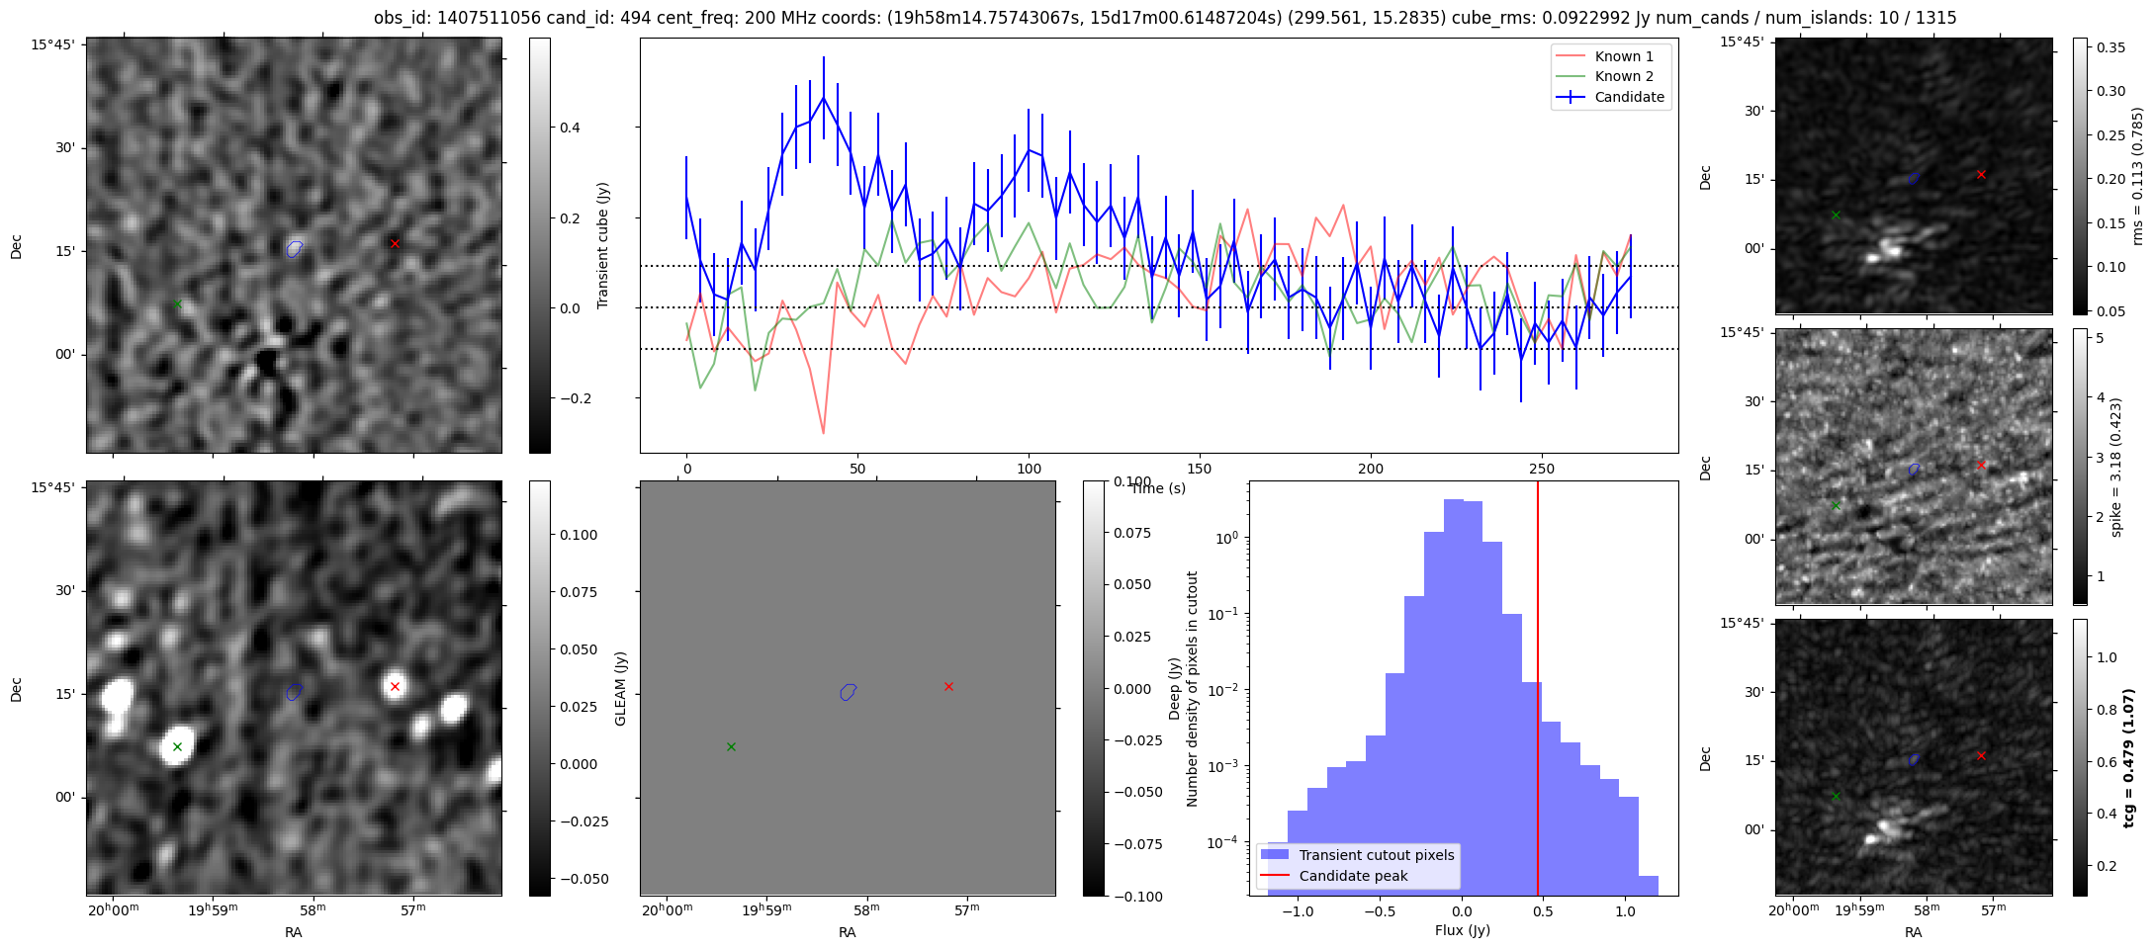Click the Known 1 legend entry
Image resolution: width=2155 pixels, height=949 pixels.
pos(1624,56)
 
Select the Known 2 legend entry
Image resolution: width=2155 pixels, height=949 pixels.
pos(1624,76)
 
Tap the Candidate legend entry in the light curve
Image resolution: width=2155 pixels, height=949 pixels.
pos(1629,97)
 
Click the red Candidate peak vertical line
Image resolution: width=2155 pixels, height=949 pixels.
pos(1538,692)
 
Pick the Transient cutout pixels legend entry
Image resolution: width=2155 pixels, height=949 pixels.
pos(1377,855)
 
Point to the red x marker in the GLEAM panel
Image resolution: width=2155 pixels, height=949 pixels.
pos(948,686)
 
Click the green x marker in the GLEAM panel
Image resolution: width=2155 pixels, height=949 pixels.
pos(731,746)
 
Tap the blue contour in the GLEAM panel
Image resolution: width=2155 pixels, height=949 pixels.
pos(848,692)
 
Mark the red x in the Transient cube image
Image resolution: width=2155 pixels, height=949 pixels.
pos(395,243)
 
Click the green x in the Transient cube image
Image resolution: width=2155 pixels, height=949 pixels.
pos(177,303)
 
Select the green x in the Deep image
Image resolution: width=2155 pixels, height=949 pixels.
pos(177,746)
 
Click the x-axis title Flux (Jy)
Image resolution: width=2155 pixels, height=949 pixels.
pos(1463,930)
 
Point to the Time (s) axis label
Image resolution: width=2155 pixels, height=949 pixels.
pos(1158,488)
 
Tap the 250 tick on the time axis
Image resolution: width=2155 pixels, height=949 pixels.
pos(1542,469)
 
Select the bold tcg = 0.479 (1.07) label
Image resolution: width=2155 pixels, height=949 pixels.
pos(2128,758)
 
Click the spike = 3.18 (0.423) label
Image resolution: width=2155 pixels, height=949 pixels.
pos(2115,468)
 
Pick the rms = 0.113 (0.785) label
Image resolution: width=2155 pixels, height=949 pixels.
pos(2137,176)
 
